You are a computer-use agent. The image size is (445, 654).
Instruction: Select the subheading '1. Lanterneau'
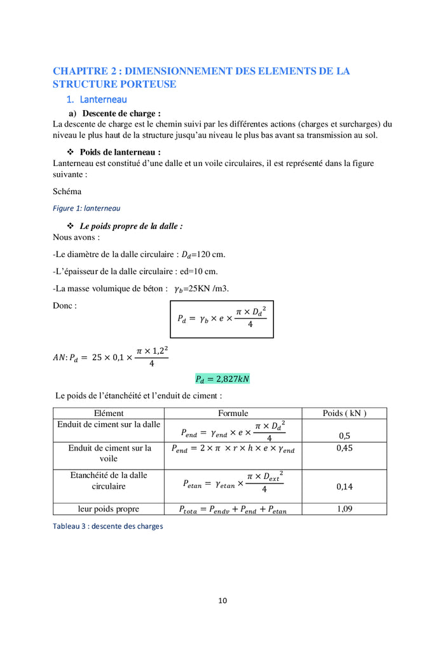click(x=97, y=99)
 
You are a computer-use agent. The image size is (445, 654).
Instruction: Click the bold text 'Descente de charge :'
click(x=119, y=113)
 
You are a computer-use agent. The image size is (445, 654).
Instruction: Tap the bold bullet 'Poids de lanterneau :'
click(x=120, y=152)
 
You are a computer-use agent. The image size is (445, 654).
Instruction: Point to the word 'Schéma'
click(x=67, y=191)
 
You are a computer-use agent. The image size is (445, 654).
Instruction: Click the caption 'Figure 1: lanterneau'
click(x=86, y=208)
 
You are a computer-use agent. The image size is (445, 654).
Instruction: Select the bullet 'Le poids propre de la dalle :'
click(x=131, y=226)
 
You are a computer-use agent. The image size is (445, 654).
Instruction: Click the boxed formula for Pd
click(x=222, y=319)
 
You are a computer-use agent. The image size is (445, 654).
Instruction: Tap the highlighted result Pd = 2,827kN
click(x=222, y=379)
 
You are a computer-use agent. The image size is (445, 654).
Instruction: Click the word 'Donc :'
click(x=65, y=305)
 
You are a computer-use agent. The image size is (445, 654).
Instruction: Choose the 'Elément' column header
click(x=109, y=413)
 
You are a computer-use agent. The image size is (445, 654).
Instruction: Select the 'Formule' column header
click(x=233, y=413)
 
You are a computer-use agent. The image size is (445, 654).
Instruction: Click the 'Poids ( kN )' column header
click(x=344, y=413)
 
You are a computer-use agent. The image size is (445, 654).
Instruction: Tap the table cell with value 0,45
click(x=344, y=448)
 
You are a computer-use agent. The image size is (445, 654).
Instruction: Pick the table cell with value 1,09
click(x=344, y=508)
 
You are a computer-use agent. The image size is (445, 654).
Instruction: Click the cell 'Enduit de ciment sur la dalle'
click(x=109, y=424)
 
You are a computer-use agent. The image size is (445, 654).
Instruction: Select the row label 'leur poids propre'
click(x=109, y=508)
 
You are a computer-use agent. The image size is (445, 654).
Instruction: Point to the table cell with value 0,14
click(x=344, y=487)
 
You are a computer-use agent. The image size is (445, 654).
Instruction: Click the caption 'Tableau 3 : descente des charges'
click(x=107, y=526)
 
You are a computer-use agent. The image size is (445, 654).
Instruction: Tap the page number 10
click(x=222, y=600)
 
